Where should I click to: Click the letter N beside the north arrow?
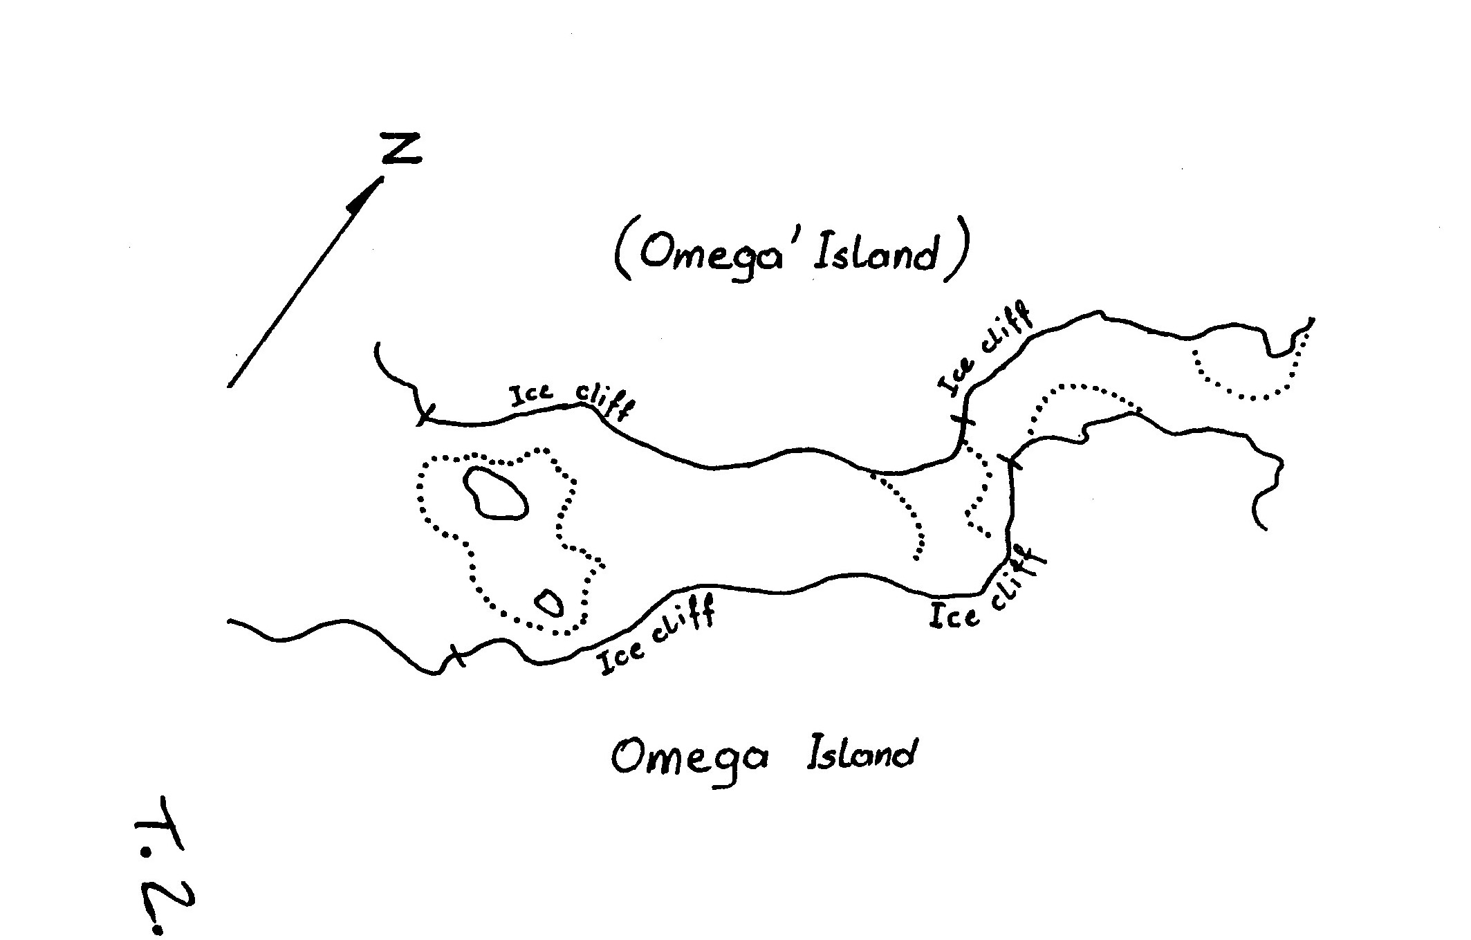coord(402,149)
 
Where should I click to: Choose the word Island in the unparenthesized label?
coord(862,753)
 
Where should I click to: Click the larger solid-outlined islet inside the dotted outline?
coord(495,492)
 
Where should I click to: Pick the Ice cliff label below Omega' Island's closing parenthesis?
coord(985,350)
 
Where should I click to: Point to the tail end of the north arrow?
coord(229,386)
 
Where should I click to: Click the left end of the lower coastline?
coord(229,622)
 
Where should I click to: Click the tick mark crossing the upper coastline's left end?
coord(423,415)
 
